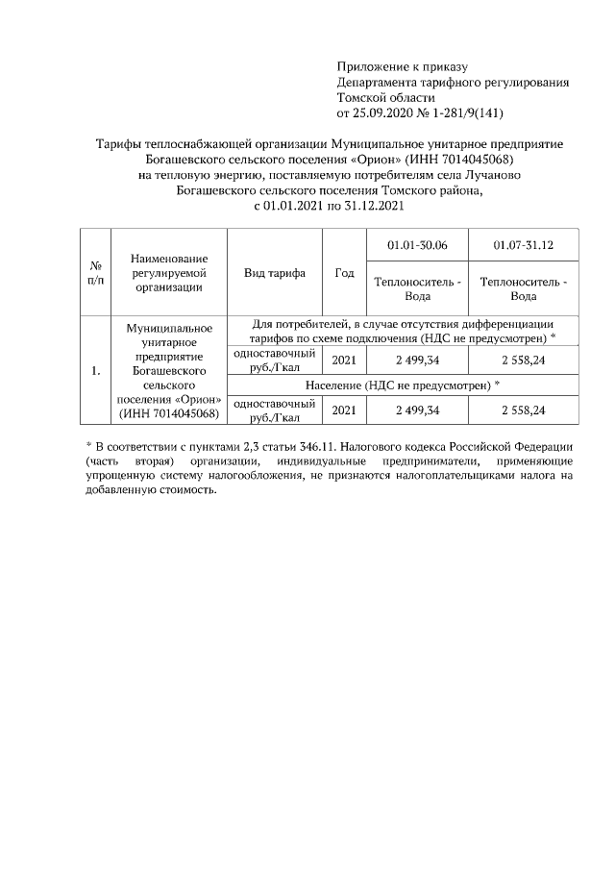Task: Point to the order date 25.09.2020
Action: pos(383,112)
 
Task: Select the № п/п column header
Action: pos(96,272)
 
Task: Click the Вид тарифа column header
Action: pos(275,273)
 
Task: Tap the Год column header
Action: pos(344,273)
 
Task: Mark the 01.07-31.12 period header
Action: pos(524,246)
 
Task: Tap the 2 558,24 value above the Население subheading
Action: pos(524,360)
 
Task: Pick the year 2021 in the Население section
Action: pos(344,410)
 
